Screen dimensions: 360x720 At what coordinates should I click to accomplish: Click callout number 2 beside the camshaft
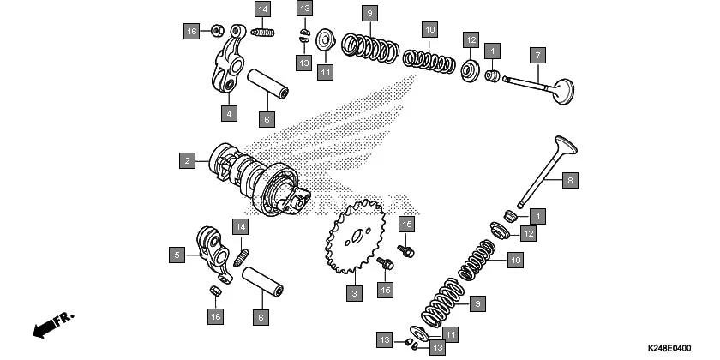tap(186, 160)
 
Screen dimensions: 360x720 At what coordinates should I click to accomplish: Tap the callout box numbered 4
tap(228, 112)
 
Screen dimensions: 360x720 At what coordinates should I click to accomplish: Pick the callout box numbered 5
tap(177, 255)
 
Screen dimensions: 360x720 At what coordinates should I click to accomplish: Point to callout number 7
tap(537, 56)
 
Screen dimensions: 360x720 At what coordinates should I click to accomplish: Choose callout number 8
tap(568, 180)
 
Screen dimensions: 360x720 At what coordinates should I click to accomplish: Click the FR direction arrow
tap(51, 327)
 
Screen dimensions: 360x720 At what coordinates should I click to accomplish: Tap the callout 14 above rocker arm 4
tap(262, 9)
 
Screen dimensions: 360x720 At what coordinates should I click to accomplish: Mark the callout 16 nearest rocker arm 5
tap(217, 317)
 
